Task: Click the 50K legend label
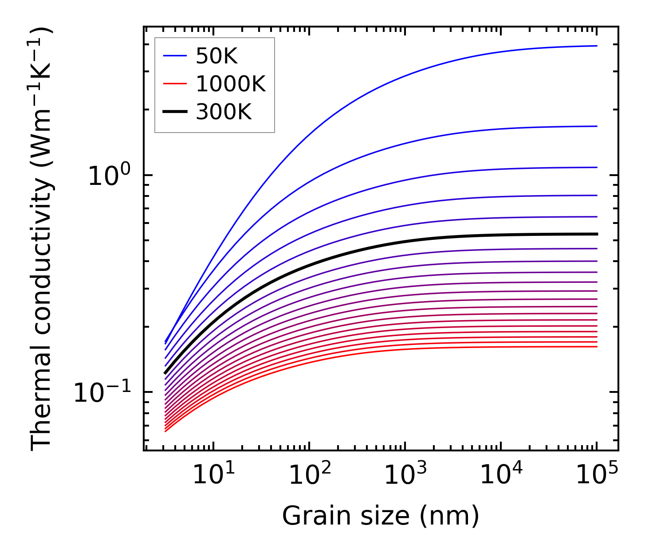(217, 56)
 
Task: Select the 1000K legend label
(231, 84)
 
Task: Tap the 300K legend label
(224, 112)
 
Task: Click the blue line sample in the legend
(175, 56)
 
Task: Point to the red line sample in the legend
(175, 84)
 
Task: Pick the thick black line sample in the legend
(175, 112)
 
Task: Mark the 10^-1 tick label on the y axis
(102, 392)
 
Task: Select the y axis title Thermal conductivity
(42, 239)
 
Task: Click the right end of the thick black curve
(597, 234)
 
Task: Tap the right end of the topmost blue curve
(597, 46)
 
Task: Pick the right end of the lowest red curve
(597, 346)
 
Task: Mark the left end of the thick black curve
(165, 373)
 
